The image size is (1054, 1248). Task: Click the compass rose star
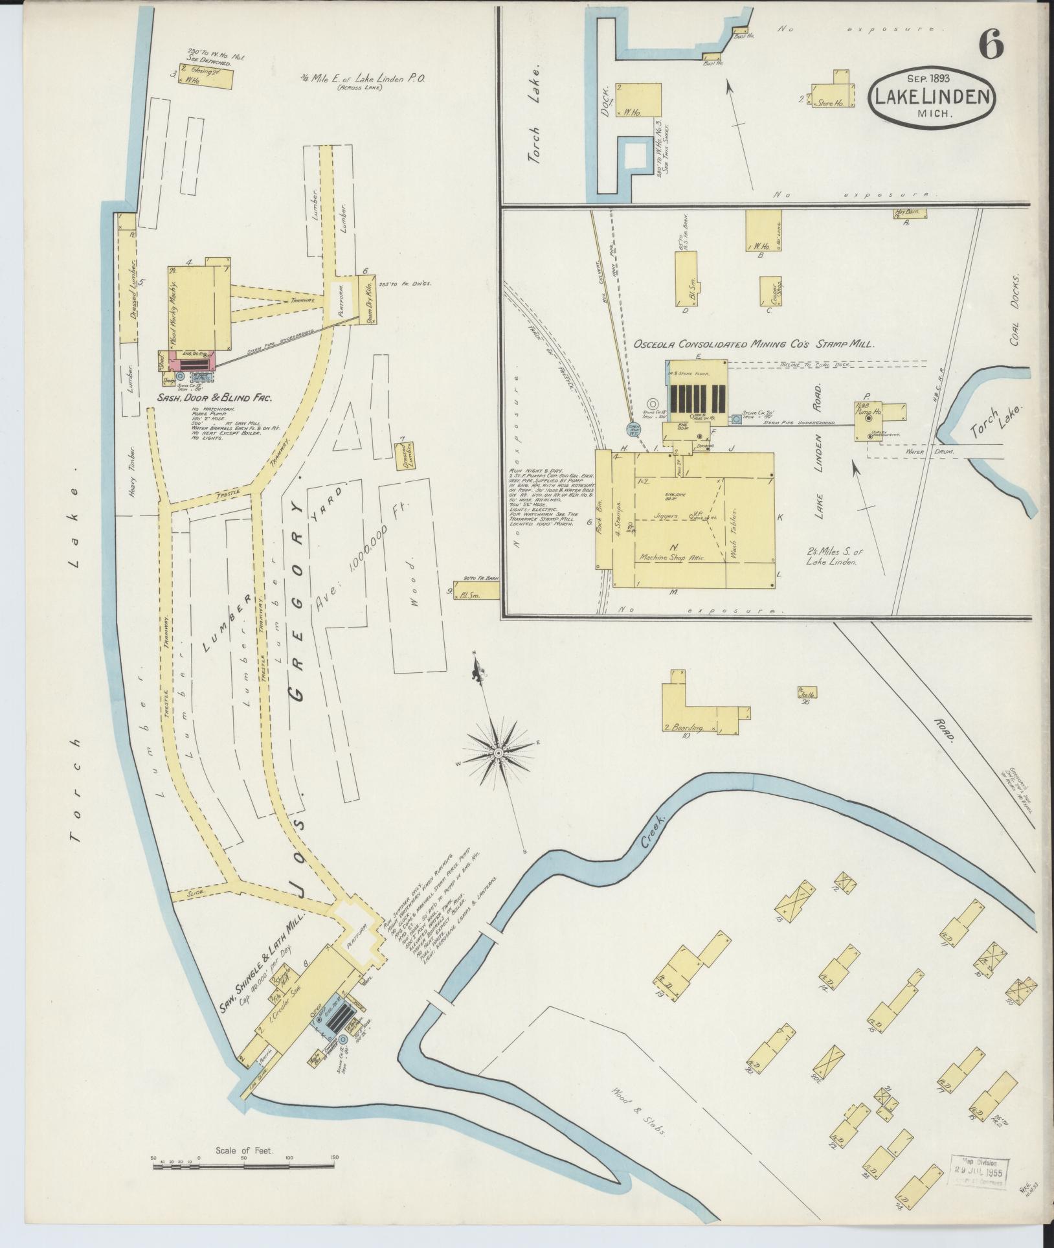tap(499, 753)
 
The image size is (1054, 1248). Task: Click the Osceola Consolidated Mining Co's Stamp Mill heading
tap(754, 345)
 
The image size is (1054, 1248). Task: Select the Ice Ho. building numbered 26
tap(806, 694)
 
